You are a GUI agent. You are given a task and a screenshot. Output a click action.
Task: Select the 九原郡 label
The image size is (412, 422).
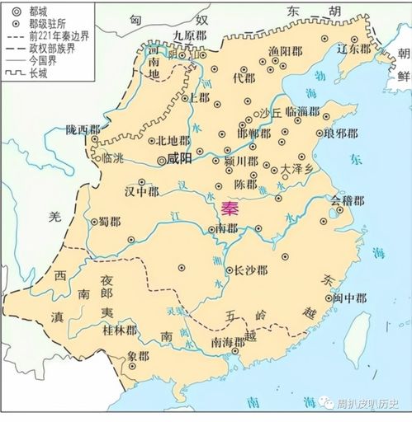[189, 35]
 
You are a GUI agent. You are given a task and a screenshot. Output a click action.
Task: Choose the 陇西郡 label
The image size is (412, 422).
[83, 129]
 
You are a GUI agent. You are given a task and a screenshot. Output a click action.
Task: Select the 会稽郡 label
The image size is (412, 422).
[347, 199]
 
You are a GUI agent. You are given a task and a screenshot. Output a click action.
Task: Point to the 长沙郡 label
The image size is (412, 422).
[250, 269]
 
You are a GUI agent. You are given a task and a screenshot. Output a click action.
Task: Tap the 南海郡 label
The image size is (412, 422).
[228, 341]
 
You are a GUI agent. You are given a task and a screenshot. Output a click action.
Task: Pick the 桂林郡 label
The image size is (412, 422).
[120, 329]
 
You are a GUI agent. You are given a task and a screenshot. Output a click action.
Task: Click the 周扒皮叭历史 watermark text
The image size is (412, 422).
[369, 404]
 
